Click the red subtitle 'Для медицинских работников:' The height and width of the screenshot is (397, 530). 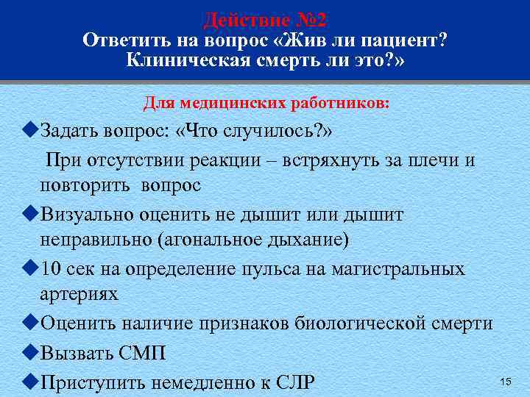pos(266,103)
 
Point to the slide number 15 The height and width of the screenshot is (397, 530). pos(505,381)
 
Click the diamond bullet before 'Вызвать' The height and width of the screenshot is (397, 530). pos(30,354)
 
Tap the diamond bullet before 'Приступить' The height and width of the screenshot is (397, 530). pos(30,382)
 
